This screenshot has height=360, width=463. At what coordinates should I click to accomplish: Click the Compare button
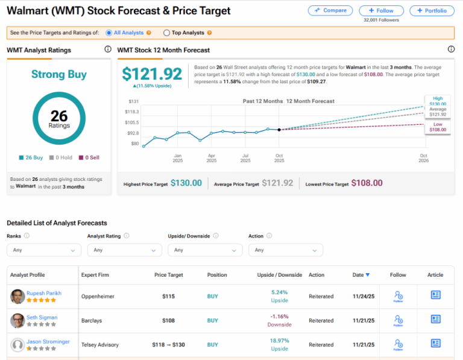point(330,10)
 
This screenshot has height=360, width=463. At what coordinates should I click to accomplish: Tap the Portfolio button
point(432,10)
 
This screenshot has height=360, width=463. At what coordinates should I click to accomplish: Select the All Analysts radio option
point(109,33)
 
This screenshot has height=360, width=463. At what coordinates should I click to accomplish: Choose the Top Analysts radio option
point(167,33)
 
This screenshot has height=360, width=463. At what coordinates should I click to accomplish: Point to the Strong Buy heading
point(59,75)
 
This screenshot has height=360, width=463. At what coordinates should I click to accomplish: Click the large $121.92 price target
point(152,74)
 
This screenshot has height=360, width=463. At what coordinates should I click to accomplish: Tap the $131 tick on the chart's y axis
point(134,101)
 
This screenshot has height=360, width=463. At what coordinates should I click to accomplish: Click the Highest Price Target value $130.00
point(186,183)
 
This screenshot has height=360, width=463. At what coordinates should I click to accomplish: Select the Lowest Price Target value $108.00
point(367,183)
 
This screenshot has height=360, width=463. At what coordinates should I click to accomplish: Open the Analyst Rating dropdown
point(124,250)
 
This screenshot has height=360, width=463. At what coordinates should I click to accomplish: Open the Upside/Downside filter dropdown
point(204,250)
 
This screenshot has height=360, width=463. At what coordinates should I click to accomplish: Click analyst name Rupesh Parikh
point(44,293)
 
